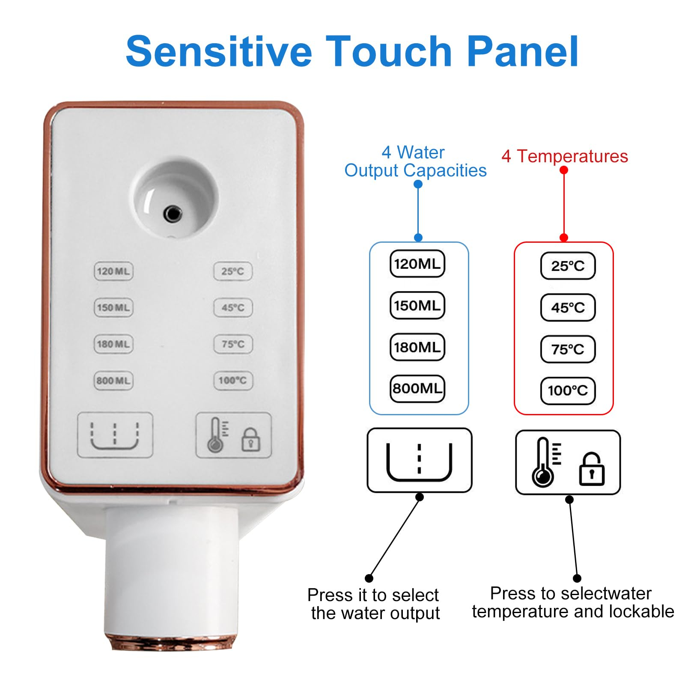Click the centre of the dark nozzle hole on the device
tap(173, 213)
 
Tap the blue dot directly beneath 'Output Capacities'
tap(418, 184)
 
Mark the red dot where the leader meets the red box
tap(564, 238)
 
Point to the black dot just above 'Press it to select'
tap(369, 578)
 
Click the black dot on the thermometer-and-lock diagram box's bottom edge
tap(569, 500)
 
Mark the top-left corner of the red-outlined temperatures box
tap(514, 242)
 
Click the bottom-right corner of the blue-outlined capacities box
tap(469, 415)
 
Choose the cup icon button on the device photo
tap(115, 435)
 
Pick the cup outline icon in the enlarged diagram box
tap(419, 462)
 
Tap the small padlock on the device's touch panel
tap(251, 439)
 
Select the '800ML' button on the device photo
tap(113, 381)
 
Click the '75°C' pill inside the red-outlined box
tap(568, 349)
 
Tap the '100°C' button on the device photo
tap(233, 381)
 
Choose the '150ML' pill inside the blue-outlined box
tap(417, 305)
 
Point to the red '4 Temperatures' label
tap(565, 156)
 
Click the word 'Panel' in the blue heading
tap(522, 51)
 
